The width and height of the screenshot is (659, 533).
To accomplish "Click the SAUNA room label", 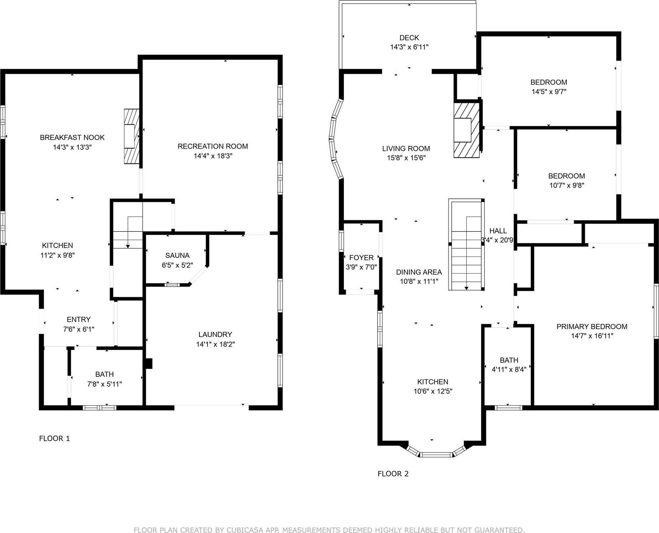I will (x=177, y=255).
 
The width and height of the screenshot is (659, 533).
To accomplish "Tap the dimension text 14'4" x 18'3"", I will (x=213, y=156).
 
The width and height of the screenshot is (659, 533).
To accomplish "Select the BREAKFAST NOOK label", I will (x=72, y=138).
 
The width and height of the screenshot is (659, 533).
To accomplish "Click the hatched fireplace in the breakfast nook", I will (x=132, y=136).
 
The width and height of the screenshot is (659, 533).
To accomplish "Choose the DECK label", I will (x=409, y=38).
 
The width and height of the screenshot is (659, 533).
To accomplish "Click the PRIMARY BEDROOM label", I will (x=592, y=326).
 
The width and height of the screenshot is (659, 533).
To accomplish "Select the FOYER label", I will (x=361, y=258).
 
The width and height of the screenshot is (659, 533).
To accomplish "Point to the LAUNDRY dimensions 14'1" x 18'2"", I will (x=215, y=344).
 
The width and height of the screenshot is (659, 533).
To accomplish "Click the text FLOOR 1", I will (x=54, y=438).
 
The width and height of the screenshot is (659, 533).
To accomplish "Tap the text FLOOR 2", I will (x=393, y=474).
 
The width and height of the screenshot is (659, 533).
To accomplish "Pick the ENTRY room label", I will (x=78, y=320).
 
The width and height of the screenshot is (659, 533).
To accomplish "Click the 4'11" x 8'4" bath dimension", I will (x=509, y=369).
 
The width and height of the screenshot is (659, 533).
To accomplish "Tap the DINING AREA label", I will (x=419, y=272).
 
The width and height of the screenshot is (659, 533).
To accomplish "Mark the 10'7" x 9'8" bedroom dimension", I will (x=567, y=186).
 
